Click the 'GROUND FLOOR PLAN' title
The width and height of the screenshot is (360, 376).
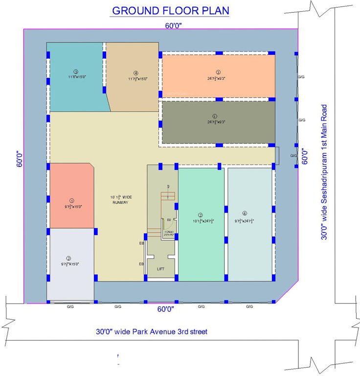[x=170, y=11]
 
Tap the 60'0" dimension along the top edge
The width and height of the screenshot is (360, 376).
[x=173, y=26]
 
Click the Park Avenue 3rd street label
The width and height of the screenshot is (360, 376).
[x=151, y=331]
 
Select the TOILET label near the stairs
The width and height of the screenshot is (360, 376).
[x=168, y=232]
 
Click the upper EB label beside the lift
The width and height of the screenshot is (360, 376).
[x=141, y=242]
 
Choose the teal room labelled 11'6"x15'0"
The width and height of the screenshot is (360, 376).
[x=76, y=77]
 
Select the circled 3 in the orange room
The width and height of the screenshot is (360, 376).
[x=218, y=72]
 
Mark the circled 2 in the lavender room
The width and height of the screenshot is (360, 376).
[x=69, y=258]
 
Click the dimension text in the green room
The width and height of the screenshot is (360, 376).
[x=201, y=221]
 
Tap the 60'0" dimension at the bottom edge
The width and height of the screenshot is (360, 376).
[x=166, y=309]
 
